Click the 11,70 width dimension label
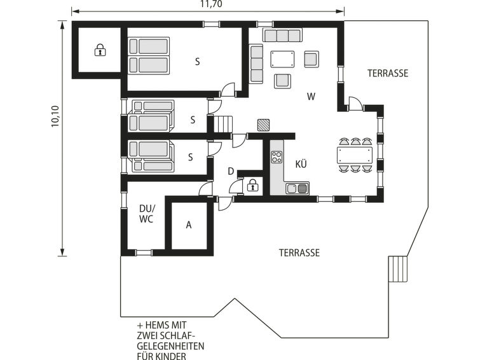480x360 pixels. (211, 4)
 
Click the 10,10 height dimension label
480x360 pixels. (55, 116)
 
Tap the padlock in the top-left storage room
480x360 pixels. (100, 50)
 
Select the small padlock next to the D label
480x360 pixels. (252, 185)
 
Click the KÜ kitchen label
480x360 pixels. (301, 164)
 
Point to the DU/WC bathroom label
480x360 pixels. (146, 214)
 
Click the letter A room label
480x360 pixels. (189, 225)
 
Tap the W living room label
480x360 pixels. (311, 97)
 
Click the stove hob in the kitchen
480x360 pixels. (277, 157)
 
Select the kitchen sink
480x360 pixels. (298, 188)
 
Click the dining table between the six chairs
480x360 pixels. (355, 155)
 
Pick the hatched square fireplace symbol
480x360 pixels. (263, 125)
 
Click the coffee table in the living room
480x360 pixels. (282, 59)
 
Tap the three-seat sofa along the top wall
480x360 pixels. (282, 35)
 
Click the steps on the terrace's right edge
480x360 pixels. (398, 269)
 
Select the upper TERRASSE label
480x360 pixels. (388, 73)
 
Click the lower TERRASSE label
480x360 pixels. (299, 253)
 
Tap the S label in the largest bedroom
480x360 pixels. (198, 62)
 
